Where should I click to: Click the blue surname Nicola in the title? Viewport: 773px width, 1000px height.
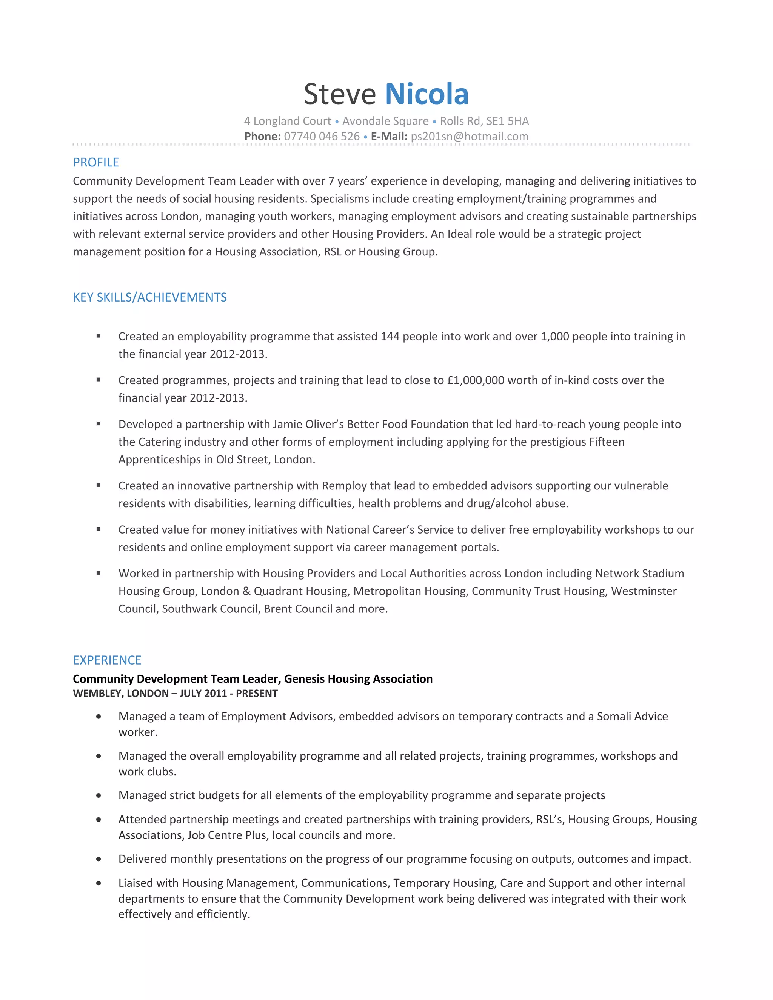coord(427,94)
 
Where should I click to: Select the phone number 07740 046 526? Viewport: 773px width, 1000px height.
coord(322,137)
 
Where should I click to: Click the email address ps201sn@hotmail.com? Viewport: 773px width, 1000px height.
coord(470,137)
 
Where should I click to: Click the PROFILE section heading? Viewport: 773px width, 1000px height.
coord(96,162)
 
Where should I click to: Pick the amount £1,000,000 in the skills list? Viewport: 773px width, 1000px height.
coord(475,380)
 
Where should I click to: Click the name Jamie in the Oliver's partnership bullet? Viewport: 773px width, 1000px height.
coord(287,424)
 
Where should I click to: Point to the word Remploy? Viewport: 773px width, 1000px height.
coord(344,485)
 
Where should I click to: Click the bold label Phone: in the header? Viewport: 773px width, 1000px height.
coord(262,137)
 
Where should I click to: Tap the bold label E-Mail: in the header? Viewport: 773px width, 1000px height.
coord(389,137)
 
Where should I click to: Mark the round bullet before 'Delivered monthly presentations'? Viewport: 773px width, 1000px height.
coord(99,859)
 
